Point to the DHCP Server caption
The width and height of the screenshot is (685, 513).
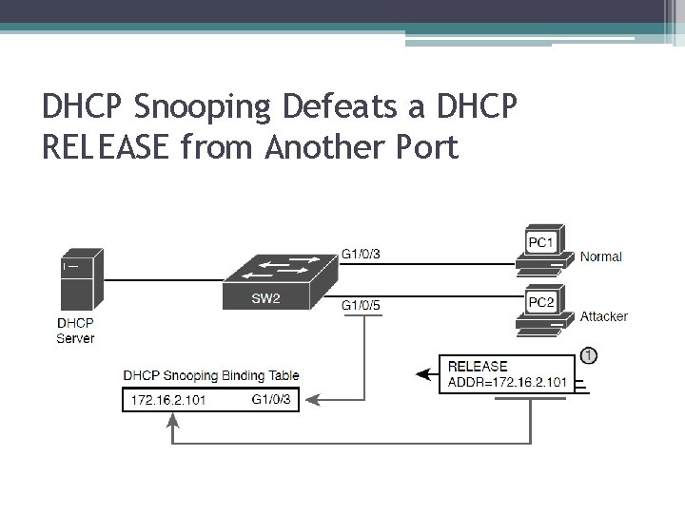75,330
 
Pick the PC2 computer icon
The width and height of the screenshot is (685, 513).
543,310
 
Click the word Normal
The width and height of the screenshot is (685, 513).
601,256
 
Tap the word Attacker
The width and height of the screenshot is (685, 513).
604,316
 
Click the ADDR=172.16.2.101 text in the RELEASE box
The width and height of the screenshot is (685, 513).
507,383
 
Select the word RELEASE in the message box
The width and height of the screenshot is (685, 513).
478,367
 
